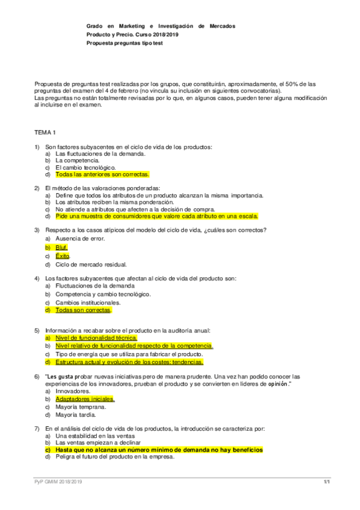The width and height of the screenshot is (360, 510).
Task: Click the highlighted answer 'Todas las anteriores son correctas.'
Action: click(102, 174)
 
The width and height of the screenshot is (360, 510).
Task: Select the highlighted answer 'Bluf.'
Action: click(61, 247)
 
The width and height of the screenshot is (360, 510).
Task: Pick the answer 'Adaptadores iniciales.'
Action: click(85, 398)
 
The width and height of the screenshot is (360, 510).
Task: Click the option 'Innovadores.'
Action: click(73, 390)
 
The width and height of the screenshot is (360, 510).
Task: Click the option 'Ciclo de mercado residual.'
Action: click(91, 264)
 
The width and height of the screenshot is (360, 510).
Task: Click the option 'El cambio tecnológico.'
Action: click(85, 167)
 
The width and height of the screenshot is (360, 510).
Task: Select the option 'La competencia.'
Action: click(78, 161)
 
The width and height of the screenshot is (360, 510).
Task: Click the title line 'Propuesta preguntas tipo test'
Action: click(124, 44)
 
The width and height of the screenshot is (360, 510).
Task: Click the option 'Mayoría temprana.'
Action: click(81, 407)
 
